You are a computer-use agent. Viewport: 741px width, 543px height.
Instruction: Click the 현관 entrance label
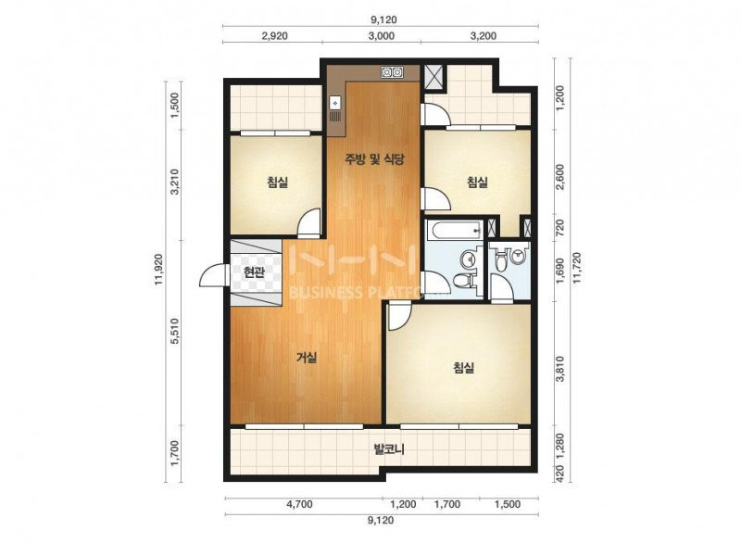click(254, 272)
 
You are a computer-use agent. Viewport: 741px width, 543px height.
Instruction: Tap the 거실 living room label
click(307, 358)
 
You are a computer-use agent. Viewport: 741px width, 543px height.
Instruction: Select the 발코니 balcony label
click(389, 448)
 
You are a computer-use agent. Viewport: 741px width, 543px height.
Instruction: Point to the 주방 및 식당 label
click(374, 158)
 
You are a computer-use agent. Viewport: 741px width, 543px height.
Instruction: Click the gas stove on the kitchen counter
click(392, 72)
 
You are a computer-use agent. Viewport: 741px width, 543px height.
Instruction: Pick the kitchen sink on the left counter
click(335, 102)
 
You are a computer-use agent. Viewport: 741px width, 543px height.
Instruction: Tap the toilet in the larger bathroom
click(464, 281)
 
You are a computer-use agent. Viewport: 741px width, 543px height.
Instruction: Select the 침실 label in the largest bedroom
click(464, 367)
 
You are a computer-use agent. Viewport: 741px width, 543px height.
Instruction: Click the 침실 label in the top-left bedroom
click(277, 182)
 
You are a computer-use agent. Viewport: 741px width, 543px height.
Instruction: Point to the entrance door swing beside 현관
click(214, 275)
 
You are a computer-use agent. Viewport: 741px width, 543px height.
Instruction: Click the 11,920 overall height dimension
click(158, 270)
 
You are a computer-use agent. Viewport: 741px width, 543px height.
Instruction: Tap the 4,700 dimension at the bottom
click(299, 504)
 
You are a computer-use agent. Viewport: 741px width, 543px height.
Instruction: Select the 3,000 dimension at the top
click(381, 36)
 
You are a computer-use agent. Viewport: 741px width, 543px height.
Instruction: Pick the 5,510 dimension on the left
click(175, 331)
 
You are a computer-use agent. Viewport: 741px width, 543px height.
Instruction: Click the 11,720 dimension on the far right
click(576, 268)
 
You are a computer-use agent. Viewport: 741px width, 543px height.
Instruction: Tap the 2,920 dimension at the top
click(274, 36)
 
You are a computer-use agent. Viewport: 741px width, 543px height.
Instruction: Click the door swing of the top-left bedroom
click(309, 223)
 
